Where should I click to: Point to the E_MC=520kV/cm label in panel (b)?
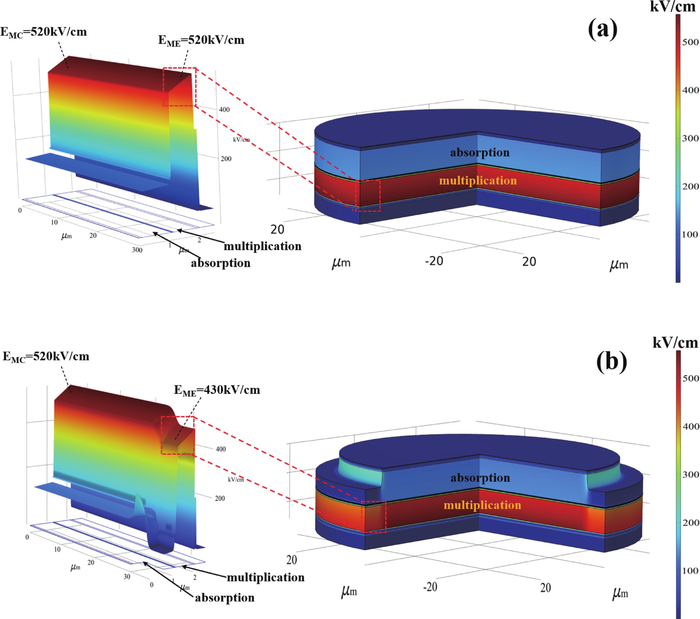pyautogui.click(x=46, y=357)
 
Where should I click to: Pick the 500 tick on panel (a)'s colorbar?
pyautogui.click(x=690, y=42)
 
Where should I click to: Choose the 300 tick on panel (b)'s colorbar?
pyautogui.click(x=690, y=474)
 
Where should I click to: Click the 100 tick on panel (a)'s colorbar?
pyautogui.click(x=690, y=235)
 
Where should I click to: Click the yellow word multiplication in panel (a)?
pyautogui.click(x=478, y=181)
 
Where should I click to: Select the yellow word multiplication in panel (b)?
pyautogui.click(x=482, y=505)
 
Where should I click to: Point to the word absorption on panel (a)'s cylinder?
pyautogui.click(x=480, y=153)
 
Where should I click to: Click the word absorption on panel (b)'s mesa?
pyautogui.click(x=480, y=478)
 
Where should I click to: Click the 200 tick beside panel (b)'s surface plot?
pyautogui.click(x=220, y=498)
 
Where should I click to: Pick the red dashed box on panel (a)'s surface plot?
pyautogui.click(x=180, y=87)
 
